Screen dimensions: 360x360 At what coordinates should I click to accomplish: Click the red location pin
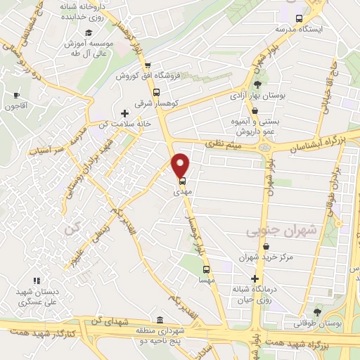click(181, 165)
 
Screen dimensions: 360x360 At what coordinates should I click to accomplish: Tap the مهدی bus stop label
click(181, 191)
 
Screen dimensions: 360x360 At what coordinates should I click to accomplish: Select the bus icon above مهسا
click(206, 269)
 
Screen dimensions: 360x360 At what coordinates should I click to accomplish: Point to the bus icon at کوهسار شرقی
click(156, 91)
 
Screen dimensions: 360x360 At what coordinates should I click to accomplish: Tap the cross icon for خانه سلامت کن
click(125, 112)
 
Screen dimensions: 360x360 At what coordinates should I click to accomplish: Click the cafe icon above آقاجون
click(16, 95)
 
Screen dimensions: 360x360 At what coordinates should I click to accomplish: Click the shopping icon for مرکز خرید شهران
click(264, 247)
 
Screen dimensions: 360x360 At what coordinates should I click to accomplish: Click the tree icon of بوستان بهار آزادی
click(257, 85)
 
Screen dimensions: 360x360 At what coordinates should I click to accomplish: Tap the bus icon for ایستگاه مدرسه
click(300, 19)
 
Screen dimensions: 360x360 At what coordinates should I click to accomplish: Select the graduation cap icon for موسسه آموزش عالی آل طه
click(89, 32)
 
